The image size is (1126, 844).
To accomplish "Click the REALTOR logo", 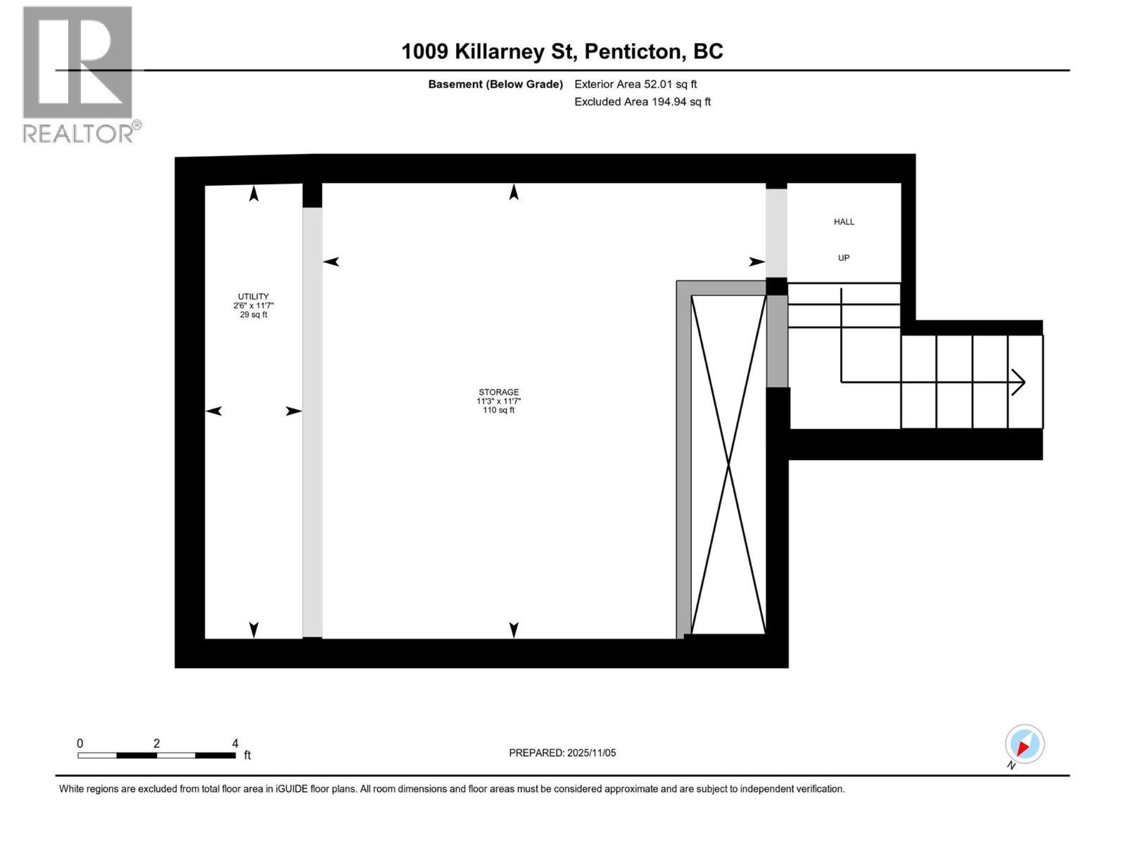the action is point(81,75).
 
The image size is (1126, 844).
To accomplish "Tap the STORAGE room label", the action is point(498,392).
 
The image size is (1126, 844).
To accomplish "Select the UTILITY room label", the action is point(253,296).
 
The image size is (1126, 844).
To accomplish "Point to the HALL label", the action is point(844,222).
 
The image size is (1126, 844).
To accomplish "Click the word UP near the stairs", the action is point(843,257).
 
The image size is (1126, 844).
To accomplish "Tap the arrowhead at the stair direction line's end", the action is point(1019,382).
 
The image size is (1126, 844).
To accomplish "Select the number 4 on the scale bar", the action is point(235,743).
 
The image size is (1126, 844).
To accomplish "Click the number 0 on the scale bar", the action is point(80,743).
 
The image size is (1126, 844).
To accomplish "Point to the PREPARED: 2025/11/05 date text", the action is point(562,753).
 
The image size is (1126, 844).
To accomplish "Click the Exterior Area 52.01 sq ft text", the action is point(635,84).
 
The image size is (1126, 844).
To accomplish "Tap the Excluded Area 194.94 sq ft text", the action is point(643,101).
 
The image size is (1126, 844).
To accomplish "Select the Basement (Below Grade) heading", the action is point(495,84).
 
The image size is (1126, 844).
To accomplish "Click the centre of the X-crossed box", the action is point(728,464).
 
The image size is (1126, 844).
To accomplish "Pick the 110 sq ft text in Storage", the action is point(498,410).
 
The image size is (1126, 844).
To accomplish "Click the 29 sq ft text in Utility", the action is point(253,314).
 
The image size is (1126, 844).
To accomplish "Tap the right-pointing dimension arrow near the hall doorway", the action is point(757,262).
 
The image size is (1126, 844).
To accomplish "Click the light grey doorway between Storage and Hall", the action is point(776,234).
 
